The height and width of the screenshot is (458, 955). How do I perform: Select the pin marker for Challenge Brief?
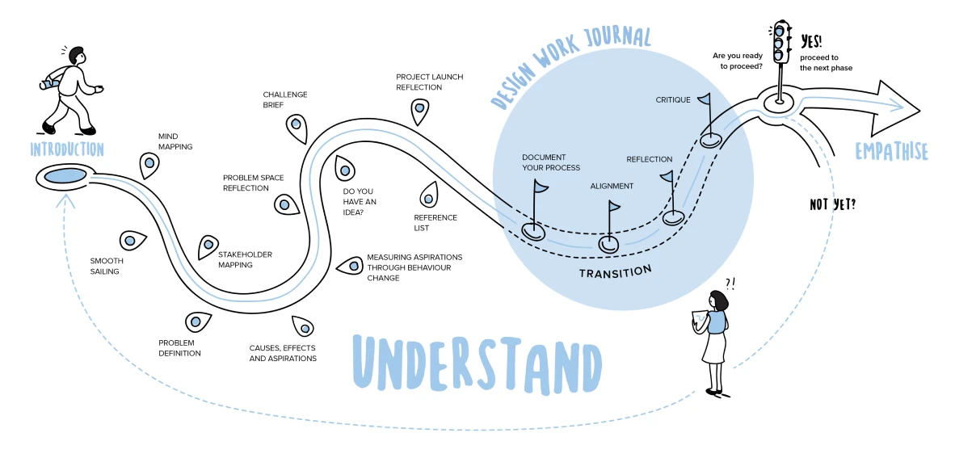pos(296,125)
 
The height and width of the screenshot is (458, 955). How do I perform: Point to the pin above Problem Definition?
pos(196,321)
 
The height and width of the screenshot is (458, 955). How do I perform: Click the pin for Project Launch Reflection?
pos(419,109)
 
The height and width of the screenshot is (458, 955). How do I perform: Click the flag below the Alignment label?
pos(613,207)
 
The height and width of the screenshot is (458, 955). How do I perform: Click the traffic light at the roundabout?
pos(780,43)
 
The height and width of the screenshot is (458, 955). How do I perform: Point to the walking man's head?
pos(77,57)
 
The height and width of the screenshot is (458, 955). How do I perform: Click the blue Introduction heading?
pos(67,149)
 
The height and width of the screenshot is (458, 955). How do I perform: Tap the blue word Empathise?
pos(892,151)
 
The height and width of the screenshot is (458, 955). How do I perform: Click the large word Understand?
pos(477,362)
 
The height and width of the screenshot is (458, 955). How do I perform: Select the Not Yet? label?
pos(832,205)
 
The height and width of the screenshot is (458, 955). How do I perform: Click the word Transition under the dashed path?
pos(615,271)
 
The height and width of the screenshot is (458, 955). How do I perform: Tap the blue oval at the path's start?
pos(65,175)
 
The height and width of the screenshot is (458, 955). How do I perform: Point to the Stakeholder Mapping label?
pos(245,259)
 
